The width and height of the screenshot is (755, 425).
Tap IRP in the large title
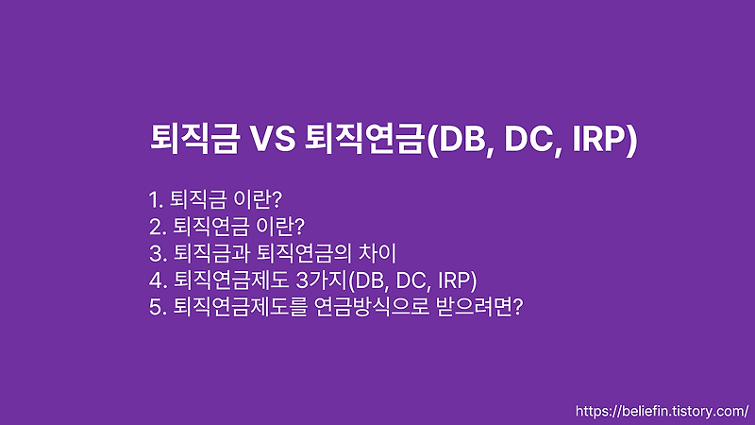point(597,140)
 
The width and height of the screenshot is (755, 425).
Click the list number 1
point(155,199)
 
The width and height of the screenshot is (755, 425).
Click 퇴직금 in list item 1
point(196,199)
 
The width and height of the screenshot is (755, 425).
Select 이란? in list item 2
point(281,226)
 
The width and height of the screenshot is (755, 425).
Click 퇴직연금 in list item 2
point(207,226)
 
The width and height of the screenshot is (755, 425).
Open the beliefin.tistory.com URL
point(661,412)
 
